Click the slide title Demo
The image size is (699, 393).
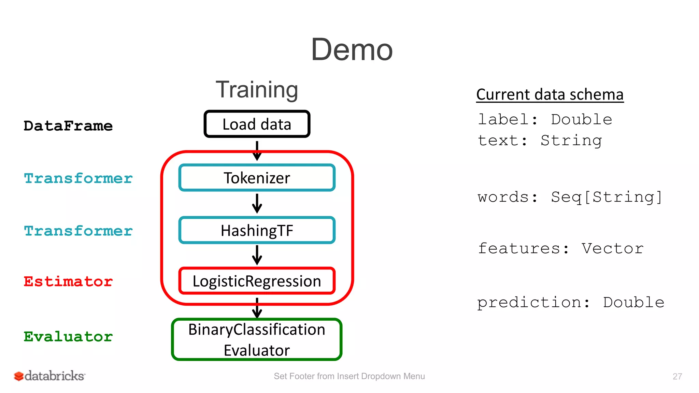pos(352,50)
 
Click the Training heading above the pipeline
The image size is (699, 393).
pos(257,90)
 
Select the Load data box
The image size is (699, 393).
pos(257,124)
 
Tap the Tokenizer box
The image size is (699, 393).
pos(257,178)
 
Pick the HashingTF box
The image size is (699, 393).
pos(257,230)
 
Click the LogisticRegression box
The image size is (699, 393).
pos(257,281)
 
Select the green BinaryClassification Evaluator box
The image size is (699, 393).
pos(257,339)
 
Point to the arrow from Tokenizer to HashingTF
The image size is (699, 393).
pos(257,204)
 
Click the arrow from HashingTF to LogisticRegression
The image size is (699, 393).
pos(257,255)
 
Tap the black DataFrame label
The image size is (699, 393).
pos(68,126)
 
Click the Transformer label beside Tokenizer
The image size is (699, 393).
pos(78,178)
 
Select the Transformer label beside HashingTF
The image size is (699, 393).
pos(78,231)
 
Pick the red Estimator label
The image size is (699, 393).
pos(68,282)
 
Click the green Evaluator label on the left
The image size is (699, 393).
pos(68,337)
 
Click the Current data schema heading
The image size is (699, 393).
pos(550,94)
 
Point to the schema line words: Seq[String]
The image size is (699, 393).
pos(570,197)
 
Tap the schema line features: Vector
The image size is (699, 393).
pos(560,248)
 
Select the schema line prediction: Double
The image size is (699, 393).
pos(570,302)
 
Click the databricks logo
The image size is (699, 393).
pos(50,376)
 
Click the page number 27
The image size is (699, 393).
pos(677,376)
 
